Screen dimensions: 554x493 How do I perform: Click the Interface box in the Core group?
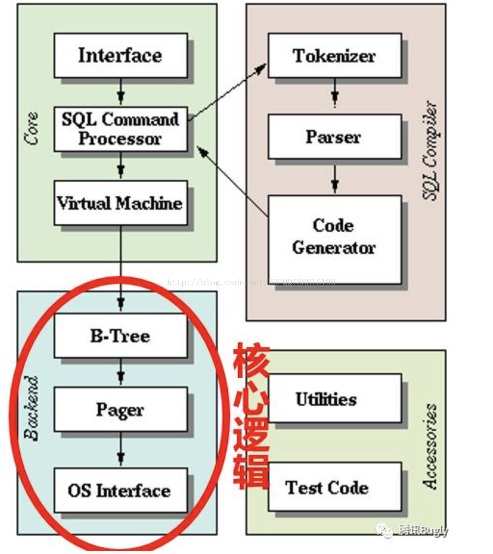[120, 55]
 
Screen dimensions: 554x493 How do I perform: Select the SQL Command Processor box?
[120, 129]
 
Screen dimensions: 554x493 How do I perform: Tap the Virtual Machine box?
[120, 202]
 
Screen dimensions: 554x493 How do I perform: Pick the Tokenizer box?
[334, 55]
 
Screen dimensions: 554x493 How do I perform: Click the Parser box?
[334, 137]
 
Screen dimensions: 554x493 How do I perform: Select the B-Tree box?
[120, 336]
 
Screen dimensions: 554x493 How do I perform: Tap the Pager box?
[120, 409]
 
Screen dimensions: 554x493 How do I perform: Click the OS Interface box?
[120, 491]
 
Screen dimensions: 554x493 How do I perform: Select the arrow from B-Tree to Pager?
[121, 372]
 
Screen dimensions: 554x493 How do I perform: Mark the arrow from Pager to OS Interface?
[121, 450]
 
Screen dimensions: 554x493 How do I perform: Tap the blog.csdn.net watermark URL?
[251, 282]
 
